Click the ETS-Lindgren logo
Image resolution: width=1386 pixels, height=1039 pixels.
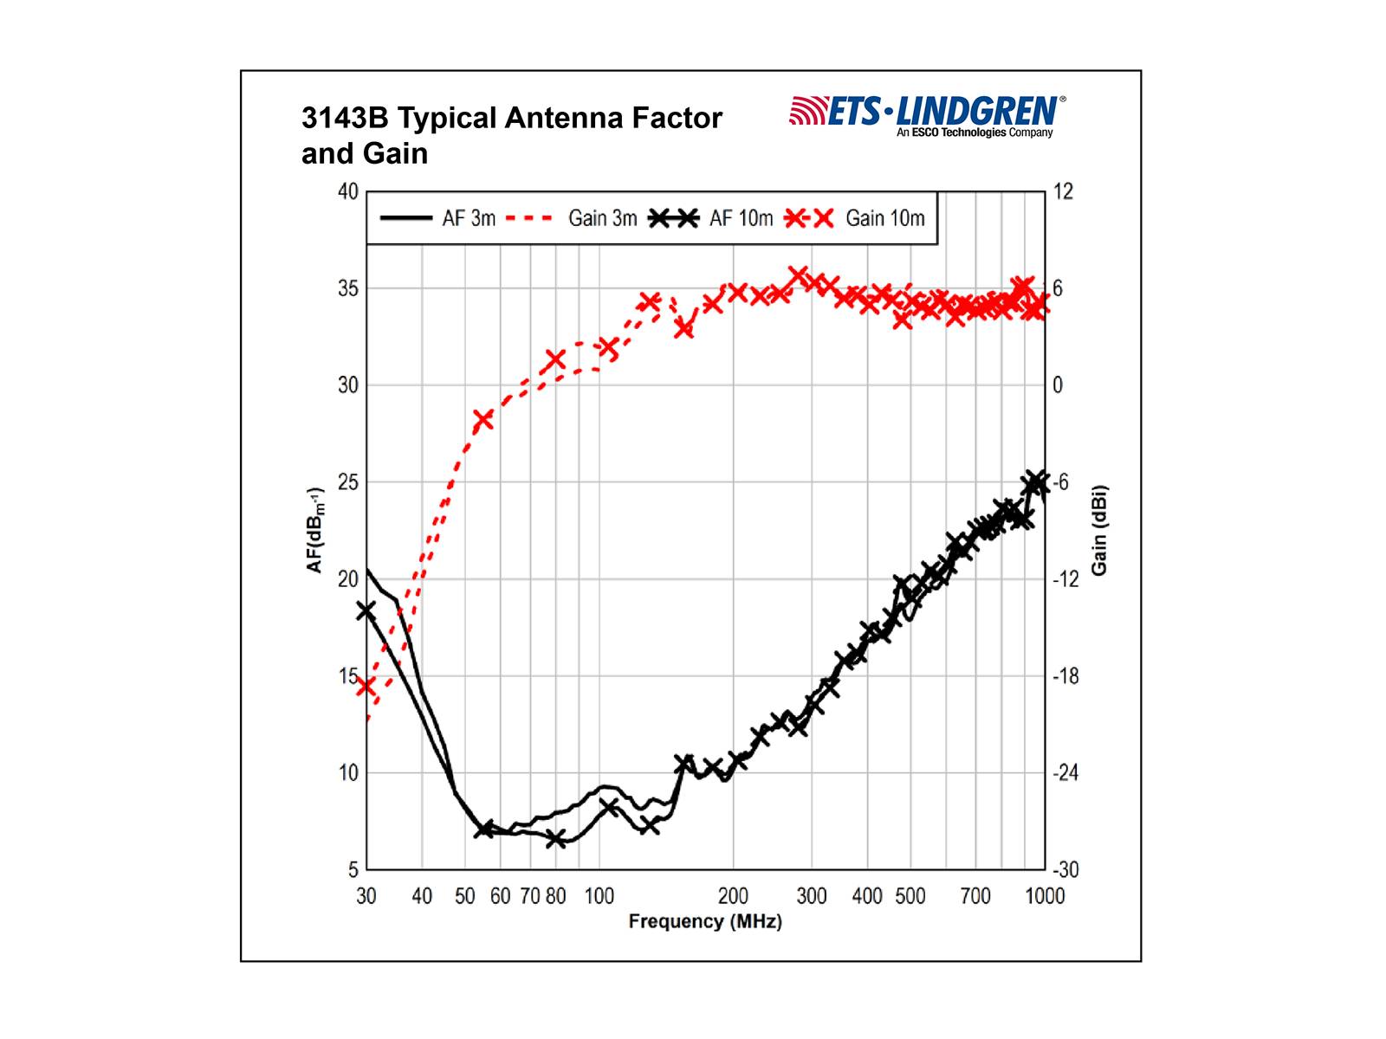(x=927, y=115)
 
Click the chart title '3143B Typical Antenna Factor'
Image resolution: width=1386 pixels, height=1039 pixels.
(x=511, y=118)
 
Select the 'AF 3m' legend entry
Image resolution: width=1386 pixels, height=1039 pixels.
(x=438, y=218)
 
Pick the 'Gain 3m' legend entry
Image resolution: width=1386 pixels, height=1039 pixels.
(x=571, y=218)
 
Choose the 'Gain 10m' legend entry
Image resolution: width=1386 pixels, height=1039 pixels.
(x=854, y=218)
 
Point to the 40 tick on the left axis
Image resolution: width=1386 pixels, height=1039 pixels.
(x=347, y=191)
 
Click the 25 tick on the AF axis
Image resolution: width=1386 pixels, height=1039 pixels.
(x=347, y=482)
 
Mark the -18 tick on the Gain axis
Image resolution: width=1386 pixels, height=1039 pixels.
(x=1065, y=676)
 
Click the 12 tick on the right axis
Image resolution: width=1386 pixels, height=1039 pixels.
(x=1063, y=191)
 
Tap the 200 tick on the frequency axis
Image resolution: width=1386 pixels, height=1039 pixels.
(x=733, y=896)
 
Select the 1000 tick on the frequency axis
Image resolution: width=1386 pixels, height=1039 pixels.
(x=1045, y=896)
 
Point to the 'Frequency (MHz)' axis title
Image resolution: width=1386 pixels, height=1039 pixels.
(x=705, y=921)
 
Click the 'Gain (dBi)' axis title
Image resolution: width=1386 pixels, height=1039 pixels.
(x=1099, y=530)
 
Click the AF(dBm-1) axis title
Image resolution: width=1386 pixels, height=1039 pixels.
(x=314, y=530)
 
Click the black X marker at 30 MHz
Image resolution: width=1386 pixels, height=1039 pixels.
(x=366, y=611)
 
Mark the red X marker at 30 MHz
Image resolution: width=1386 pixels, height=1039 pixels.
(x=366, y=687)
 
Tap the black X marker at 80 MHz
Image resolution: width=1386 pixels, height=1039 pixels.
(x=556, y=838)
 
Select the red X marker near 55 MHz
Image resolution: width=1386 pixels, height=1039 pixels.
(x=483, y=420)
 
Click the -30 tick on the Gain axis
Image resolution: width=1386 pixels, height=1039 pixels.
(x=1065, y=869)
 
